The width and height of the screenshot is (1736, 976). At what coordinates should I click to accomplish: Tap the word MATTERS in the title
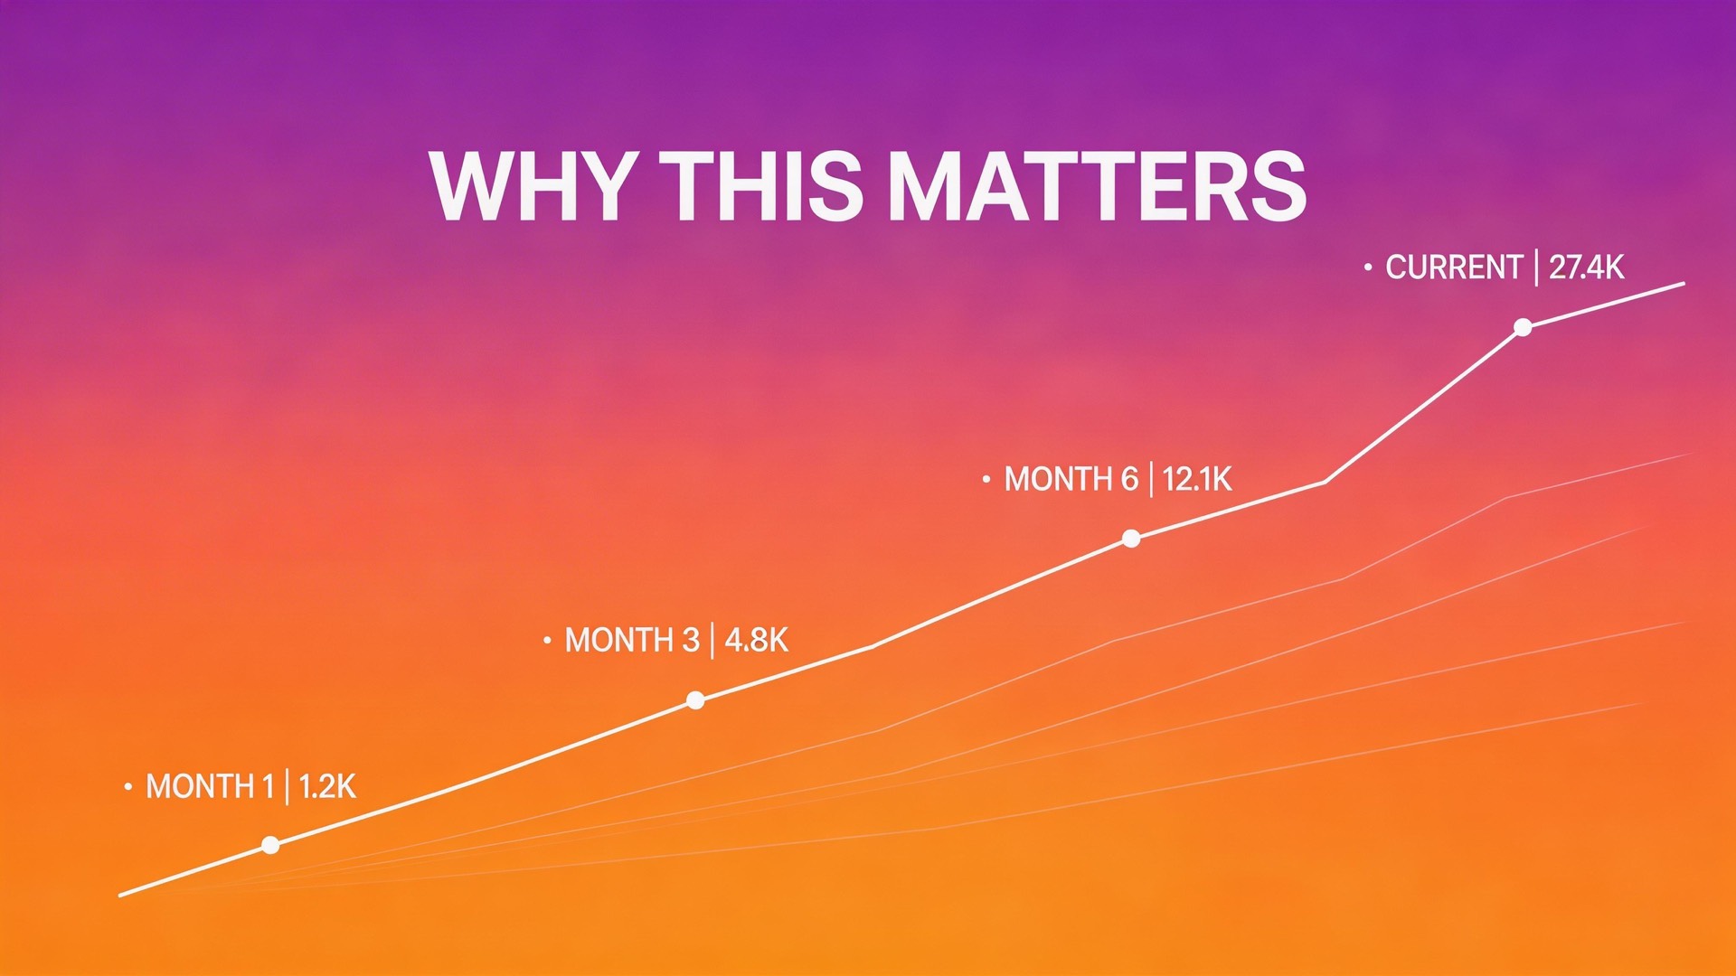[1097, 186]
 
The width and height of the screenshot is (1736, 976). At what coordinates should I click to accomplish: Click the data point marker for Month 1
[270, 845]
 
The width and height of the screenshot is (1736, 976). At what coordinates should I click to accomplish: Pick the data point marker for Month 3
[695, 700]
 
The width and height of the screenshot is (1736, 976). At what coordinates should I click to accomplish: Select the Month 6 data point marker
[1131, 539]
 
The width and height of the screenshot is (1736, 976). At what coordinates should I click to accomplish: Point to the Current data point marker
[1523, 327]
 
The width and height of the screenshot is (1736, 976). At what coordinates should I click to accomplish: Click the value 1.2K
[327, 787]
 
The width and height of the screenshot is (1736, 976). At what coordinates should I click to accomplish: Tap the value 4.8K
[757, 641]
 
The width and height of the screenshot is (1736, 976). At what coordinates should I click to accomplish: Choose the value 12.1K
[1197, 479]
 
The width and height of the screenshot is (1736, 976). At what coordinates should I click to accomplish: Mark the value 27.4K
[1587, 267]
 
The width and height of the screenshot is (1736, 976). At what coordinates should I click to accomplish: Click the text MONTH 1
[210, 787]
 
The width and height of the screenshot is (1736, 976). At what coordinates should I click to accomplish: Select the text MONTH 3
[632, 641]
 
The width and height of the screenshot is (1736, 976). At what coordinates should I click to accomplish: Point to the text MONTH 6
[1071, 479]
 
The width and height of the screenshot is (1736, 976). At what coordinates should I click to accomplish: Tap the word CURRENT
[1454, 267]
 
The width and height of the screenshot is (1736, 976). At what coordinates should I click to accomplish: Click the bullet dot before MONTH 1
[128, 787]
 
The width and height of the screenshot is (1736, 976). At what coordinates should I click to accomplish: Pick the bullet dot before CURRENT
[1368, 267]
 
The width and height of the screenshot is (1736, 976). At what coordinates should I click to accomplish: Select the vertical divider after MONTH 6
[1151, 479]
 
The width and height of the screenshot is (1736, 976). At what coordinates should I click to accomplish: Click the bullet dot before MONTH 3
[547, 641]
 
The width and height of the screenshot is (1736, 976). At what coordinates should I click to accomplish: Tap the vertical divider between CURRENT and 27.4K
[1536, 267]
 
